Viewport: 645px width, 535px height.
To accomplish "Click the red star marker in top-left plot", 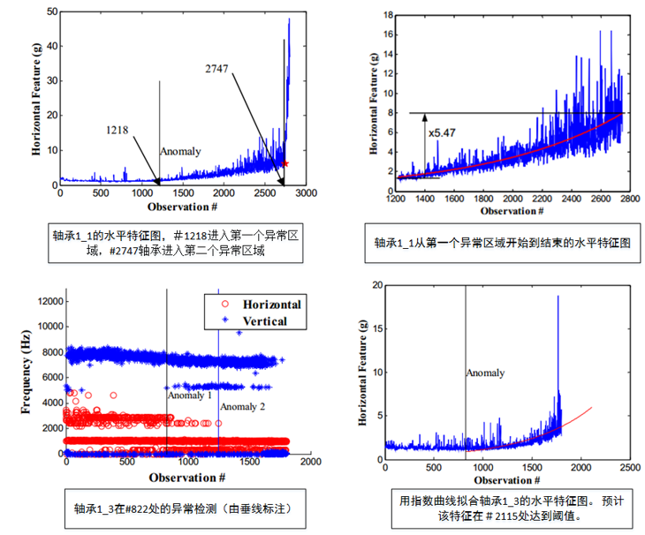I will click(x=285, y=163).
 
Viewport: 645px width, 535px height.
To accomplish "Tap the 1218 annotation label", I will click(x=118, y=130).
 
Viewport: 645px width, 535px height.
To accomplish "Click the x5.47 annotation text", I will click(x=443, y=132).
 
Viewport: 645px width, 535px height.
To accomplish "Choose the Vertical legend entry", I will click(x=257, y=321).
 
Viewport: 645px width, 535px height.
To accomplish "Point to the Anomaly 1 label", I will click(x=190, y=396).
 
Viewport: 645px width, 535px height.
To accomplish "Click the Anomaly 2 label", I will click(x=242, y=406).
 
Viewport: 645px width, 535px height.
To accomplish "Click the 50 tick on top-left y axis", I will click(x=50, y=12).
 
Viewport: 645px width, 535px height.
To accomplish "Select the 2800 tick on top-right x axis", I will click(x=624, y=201).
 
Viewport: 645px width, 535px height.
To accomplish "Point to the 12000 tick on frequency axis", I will click(x=46, y=302).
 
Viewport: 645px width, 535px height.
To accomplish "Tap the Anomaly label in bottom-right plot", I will click(x=486, y=373).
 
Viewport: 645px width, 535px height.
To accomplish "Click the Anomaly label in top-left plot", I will click(x=180, y=152).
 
